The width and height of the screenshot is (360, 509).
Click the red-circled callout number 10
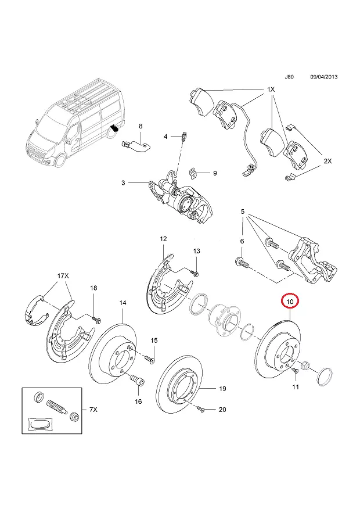click(x=289, y=302)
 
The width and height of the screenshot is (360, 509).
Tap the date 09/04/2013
click(x=323, y=77)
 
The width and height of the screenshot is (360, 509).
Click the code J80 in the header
click(x=289, y=77)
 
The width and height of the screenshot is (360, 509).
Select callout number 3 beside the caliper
click(x=123, y=183)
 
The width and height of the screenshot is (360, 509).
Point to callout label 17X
click(x=63, y=275)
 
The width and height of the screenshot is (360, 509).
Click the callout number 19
click(x=222, y=388)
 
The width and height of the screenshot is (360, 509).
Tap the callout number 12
click(x=163, y=239)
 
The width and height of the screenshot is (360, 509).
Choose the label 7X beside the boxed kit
click(x=93, y=410)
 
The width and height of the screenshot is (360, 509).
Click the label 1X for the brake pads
click(x=271, y=89)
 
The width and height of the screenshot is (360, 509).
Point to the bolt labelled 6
click(x=243, y=262)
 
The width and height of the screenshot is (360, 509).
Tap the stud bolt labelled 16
click(x=138, y=382)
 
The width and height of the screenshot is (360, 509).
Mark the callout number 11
click(x=295, y=386)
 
